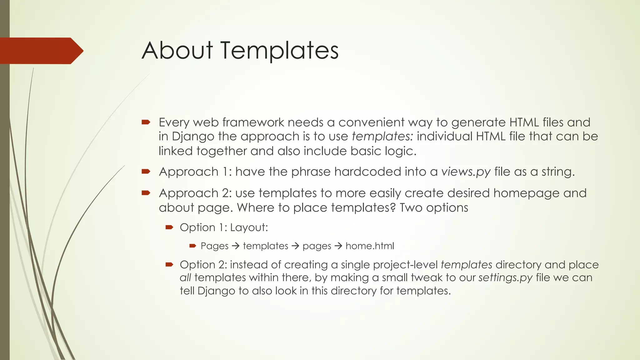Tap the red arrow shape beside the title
click(41, 51)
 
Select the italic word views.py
click(466, 172)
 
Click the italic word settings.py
click(505, 278)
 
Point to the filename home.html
click(370, 246)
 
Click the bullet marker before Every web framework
click(146, 122)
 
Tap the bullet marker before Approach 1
click(146, 171)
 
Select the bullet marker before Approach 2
click(146, 193)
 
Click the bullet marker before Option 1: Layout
click(169, 227)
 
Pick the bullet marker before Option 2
click(169, 265)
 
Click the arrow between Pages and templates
click(236, 246)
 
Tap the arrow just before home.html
click(338, 246)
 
